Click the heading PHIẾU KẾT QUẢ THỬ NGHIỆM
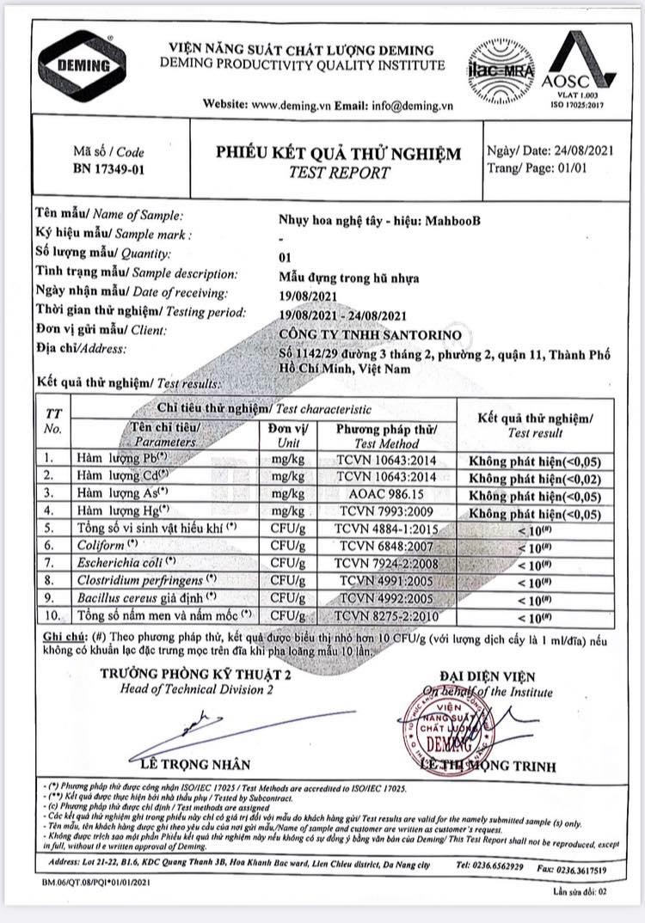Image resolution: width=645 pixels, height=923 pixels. (338, 153)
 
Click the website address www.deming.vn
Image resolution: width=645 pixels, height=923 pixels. (289, 105)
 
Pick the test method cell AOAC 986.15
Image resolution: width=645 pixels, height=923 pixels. (386, 493)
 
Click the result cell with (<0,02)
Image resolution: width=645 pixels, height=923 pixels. (536, 478)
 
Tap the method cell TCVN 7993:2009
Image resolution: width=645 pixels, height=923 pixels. (386, 511)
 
